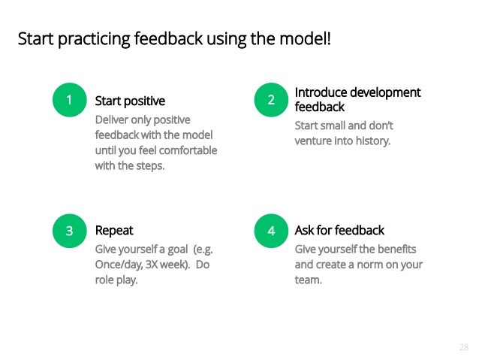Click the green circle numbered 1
[x=69, y=100]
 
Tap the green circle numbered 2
[x=271, y=100]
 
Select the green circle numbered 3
[x=69, y=231]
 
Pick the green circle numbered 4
[x=271, y=231]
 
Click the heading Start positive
[x=130, y=101]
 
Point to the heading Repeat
[x=114, y=231]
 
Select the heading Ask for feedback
[x=339, y=231]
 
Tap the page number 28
[x=462, y=347]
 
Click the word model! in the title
[x=305, y=38]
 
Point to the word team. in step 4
[x=308, y=280]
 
